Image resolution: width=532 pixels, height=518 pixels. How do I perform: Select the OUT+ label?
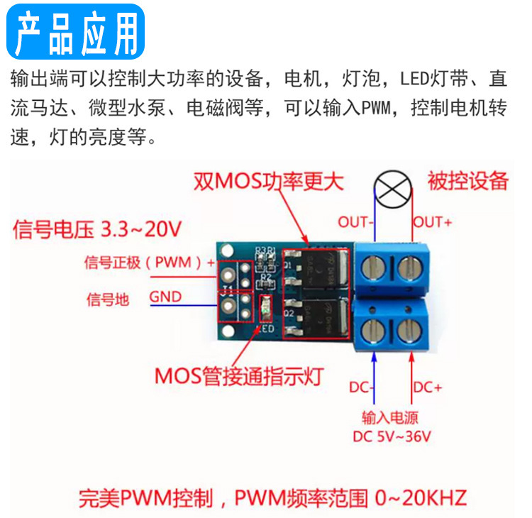click(x=432, y=222)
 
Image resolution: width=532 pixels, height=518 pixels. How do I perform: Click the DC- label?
click(x=362, y=387)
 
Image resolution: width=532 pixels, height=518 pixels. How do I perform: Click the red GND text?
click(x=165, y=298)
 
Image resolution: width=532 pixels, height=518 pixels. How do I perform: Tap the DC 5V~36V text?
click(x=392, y=436)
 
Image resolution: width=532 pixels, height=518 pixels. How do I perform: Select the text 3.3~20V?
click(x=142, y=230)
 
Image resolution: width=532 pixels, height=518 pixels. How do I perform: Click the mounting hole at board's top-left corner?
click(x=228, y=250)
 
